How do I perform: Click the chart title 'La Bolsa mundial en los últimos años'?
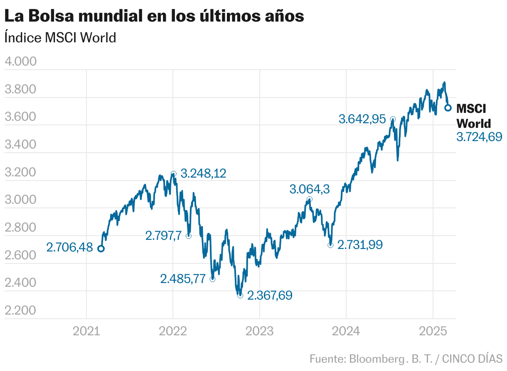coord(154,17)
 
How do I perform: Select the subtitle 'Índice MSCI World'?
coord(60,38)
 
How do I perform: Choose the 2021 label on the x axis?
coord(86,331)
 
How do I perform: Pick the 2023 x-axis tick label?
coord(259,331)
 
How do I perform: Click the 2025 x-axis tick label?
coord(433,331)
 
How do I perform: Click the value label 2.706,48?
coord(69,248)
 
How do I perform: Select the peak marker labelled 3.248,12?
coord(173,174)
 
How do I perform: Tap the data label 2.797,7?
coord(163,236)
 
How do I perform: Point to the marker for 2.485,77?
coord(212,279)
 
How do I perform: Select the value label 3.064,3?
coord(310,190)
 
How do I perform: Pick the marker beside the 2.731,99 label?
coord(330,245)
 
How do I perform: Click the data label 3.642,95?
coord(362,120)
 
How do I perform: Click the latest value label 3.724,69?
coord(479,137)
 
